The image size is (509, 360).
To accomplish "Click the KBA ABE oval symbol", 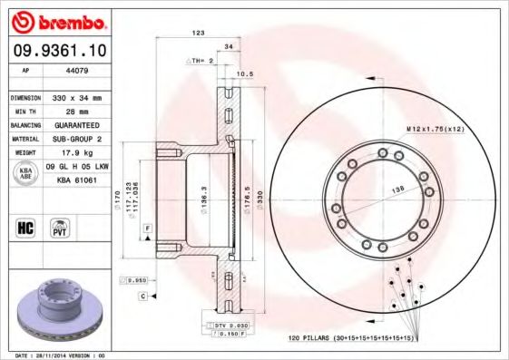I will pos(26,173).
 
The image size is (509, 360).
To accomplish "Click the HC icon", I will pos(25,227).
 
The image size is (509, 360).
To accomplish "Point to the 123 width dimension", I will pos(197,33).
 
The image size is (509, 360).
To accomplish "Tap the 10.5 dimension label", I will pos(243,75).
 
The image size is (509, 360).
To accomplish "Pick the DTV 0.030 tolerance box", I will pos(231,324).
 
